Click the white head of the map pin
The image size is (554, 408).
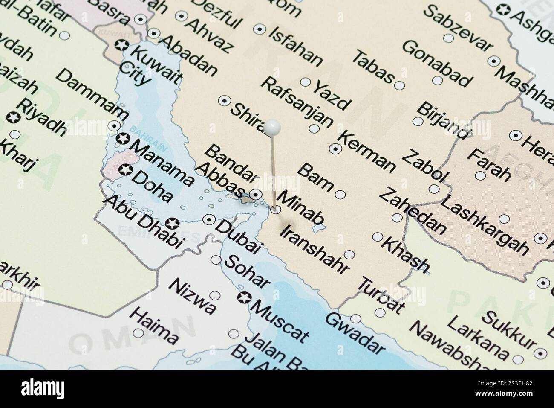272,126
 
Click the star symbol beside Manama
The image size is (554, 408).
123,139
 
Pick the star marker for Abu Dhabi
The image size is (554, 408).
172,223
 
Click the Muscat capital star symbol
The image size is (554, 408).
244,297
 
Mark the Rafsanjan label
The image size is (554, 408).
297,102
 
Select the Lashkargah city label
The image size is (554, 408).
483,226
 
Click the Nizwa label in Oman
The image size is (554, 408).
192,297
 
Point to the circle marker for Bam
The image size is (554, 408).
340,195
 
